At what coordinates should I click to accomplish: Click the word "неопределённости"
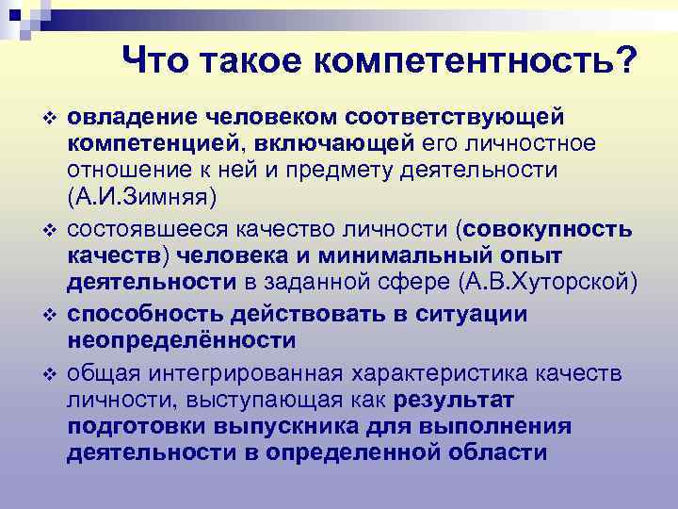[x=182, y=340]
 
